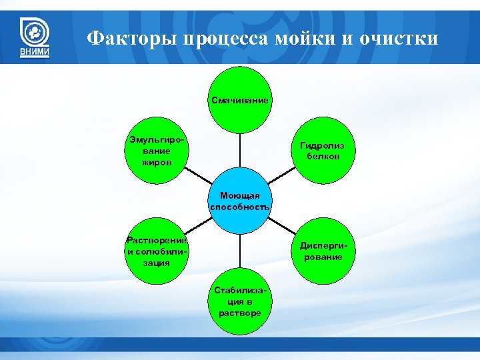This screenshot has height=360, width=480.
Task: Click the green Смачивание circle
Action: click(x=240, y=100)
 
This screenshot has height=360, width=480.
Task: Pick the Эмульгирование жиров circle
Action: click(x=157, y=151)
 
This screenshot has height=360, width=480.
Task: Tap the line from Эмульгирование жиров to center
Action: click(x=198, y=176)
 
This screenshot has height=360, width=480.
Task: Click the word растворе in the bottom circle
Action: click(x=240, y=313)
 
